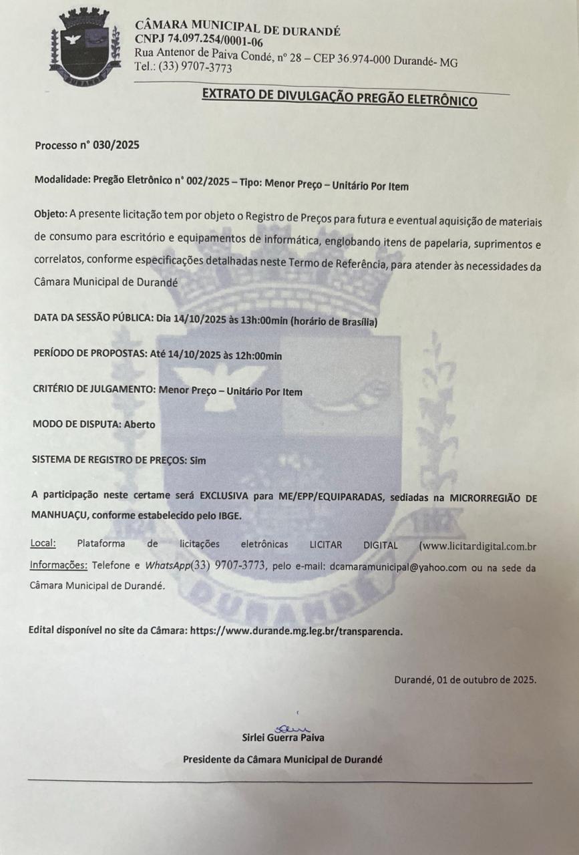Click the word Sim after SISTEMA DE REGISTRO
pyautogui.click(x=198, y=460)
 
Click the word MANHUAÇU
pyautogui.click(x=59, y=514)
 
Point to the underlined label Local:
pyautogui.click(x=43, y=544)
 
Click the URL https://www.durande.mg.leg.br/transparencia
pyautogui.click(x=296, y=631)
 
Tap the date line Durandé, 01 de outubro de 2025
pyautogui.click(x=465, y=680)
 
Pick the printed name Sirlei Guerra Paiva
pyautogui.click(x=283, y=738)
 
